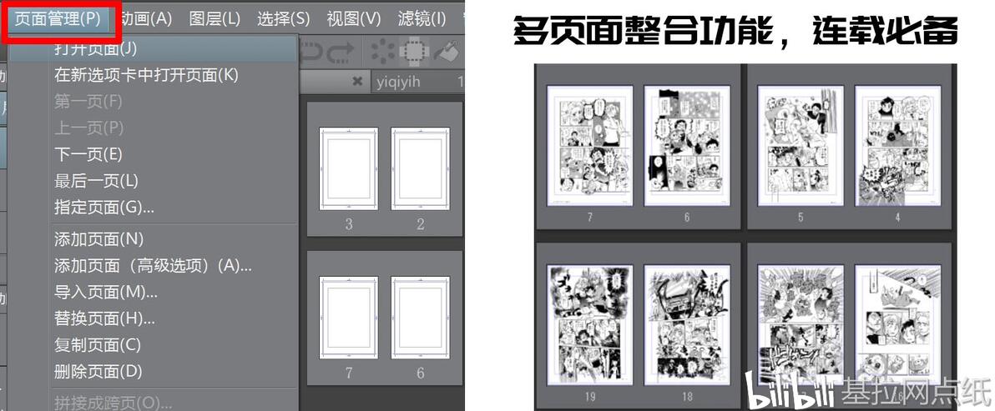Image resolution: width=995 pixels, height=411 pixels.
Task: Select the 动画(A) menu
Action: click(x=145, y=18)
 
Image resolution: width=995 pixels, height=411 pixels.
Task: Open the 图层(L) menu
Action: click(x=215, y=18)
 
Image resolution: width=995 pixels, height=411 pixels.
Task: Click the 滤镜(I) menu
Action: click(x=421, y=18)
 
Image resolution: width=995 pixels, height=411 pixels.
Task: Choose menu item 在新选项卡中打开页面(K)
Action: click(x=146, y=75)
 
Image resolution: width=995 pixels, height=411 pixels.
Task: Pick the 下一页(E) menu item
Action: click(x=88, y=154)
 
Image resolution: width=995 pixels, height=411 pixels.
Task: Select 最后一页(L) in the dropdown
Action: click(x=96, y=181)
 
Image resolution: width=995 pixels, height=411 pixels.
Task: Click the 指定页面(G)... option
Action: click(x=104, y=207)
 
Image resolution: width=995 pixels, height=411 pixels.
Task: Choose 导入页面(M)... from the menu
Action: click(x=106, y=292)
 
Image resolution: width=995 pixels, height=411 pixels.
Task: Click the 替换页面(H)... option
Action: click(x=105, y=318)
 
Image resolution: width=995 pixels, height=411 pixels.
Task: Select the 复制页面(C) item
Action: click(x=98, y=345)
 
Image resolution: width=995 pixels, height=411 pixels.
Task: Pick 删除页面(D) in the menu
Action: click(x=98, y=372)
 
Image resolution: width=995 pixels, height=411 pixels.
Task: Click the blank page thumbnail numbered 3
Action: click(x=349, y=169)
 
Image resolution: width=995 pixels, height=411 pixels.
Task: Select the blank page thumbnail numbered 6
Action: click(x=421, y=318)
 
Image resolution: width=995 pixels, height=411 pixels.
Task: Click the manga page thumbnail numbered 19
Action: click(x=590, y=323)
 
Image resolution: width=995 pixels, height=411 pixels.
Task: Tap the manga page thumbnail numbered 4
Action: click(x=898, y=146)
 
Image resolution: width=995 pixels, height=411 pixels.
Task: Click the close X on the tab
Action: click(x=358, y=82)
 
